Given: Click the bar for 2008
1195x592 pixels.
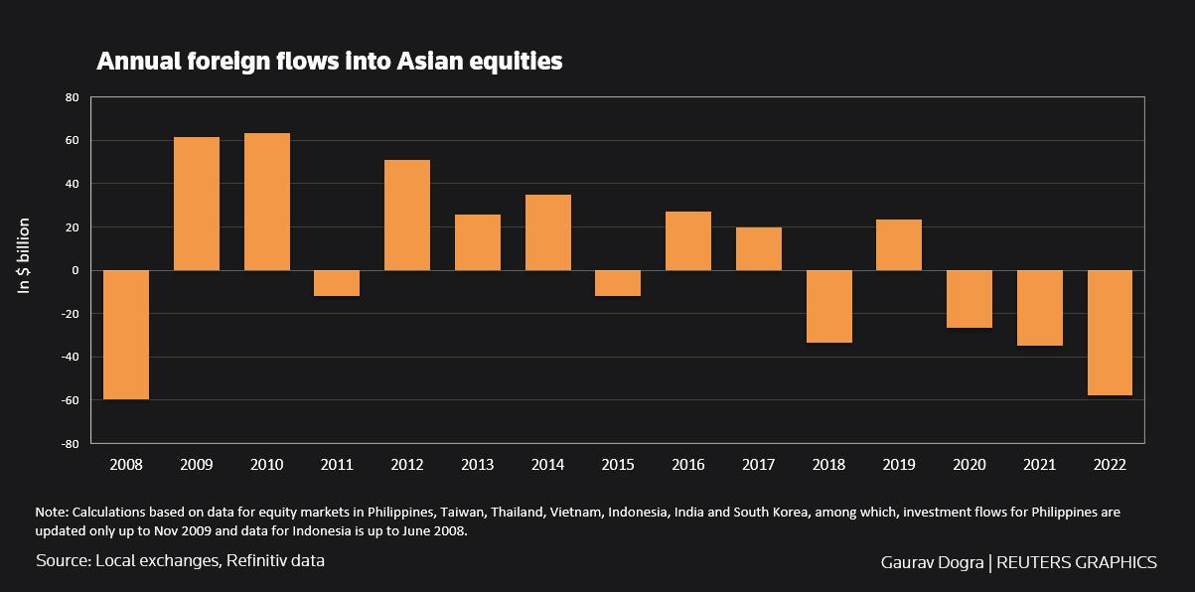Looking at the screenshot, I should click(126, 335).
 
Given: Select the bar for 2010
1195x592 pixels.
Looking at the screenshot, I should click(267, 202).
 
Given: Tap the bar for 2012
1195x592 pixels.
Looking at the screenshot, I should click(407, 215).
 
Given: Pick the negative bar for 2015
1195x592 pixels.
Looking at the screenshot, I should click(618, 283).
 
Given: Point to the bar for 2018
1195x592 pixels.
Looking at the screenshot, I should click(828, 306).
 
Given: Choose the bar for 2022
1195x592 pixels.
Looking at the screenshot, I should click(1110, 333).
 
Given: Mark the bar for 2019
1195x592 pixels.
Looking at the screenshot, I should click(899, 245).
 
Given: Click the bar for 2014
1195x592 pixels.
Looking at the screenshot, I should click(548, 232).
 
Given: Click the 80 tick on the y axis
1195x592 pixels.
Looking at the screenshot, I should click(71, 97).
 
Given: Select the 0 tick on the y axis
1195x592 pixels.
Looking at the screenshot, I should click(74, 270).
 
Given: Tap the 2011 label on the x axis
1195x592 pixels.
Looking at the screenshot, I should click(337, 465).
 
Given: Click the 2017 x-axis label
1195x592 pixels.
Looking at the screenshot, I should click(759, 465).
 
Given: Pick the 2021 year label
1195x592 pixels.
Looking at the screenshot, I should click(1039, 465).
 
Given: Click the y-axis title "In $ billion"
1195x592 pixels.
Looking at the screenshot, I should click(26, 254).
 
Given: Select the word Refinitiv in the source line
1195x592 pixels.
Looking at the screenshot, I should click(260, 560).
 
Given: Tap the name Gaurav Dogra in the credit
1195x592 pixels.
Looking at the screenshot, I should click(932, 562).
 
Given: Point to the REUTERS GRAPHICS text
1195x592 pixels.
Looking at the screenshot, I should click(1076, 562).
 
